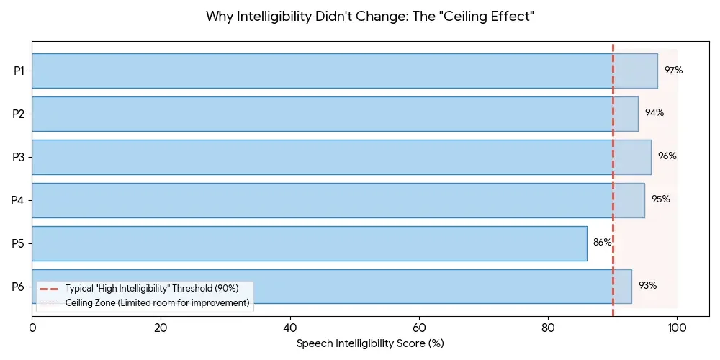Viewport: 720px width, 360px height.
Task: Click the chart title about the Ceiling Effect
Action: [370, 16]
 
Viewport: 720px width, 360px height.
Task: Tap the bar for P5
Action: [310, 243]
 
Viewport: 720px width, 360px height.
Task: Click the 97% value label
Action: [673, 71]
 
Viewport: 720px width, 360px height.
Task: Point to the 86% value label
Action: [602, 243]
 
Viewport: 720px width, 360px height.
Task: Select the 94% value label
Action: [654, 113]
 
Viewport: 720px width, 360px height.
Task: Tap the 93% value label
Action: [647, 285]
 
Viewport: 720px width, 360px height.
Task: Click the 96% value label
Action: [667, 156]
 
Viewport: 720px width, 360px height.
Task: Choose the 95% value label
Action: [660, 199]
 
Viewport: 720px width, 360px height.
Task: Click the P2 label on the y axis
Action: [19, 114]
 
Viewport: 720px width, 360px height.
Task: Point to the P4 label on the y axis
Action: [19, 200]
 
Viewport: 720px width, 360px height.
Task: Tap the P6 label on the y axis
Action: [19, 287]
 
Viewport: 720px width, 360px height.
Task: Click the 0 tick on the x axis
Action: [32, 328]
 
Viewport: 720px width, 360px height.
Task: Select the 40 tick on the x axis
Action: [290, 328]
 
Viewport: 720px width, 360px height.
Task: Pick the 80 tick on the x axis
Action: [548, 328]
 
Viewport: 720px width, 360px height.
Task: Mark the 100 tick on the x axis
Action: [677, 328]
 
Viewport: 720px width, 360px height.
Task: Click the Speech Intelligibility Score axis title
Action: [370, 343]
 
